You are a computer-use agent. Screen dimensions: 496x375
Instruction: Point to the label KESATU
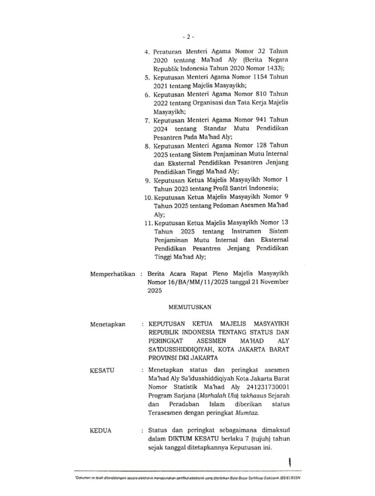[x=102, y=370]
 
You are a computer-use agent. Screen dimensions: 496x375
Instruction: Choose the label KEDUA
[x=101, y=430]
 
